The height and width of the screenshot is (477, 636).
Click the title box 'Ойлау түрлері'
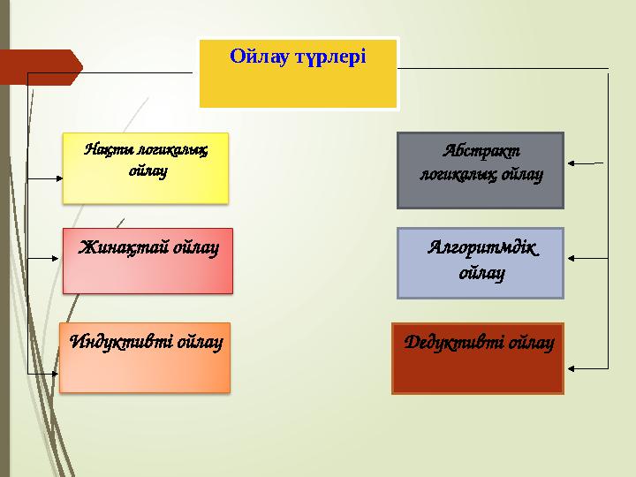pyautogui.click(x=298, y=73)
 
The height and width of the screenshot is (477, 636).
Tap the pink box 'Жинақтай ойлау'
pyautogui.click(x=148, y=261)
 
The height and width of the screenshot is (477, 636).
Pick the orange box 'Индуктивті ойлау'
pyautogui.click(x=145, y=357)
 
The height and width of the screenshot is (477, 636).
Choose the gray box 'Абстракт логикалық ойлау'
pyautogui.click(x=481, y=170)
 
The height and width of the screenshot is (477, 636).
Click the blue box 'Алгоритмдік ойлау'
pyautogui.click(x=481, y=262)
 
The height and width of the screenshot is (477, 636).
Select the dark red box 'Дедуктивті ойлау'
pyautogui.click(x=477, y=358)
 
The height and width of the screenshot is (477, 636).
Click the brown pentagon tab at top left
pyautogui.click(x=40, y=67)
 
